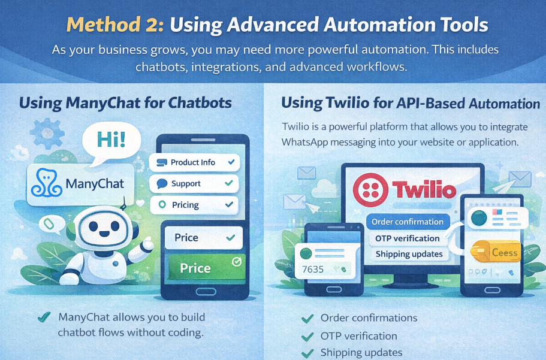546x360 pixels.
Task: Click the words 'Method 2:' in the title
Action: [114, 25]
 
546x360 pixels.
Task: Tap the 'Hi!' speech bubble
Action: [111, 141]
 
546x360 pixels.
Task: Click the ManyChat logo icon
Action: [46, 183]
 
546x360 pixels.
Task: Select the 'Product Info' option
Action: [194, 162]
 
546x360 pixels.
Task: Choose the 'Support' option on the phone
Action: [194, 183]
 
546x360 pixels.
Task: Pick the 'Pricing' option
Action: [194, 205]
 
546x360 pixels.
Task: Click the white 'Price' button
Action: [203, 237]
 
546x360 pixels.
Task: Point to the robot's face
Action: [104, 228]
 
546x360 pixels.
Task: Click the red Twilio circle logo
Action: [370, 190]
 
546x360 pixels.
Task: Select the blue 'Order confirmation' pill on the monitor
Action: [408, 222]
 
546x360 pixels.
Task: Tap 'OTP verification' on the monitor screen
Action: [408, 238]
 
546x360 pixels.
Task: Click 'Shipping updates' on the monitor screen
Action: [409, 254]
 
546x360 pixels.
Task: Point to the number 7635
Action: [313, 270]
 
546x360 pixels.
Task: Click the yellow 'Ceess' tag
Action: [495, 252]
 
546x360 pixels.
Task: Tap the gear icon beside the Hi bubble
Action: [47, 134]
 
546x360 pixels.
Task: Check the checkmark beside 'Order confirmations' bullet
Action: [307, 319]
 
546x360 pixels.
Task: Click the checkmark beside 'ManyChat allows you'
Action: [44, 317]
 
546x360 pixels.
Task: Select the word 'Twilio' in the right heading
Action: [347, 103]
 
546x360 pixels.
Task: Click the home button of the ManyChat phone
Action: [206, 291]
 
